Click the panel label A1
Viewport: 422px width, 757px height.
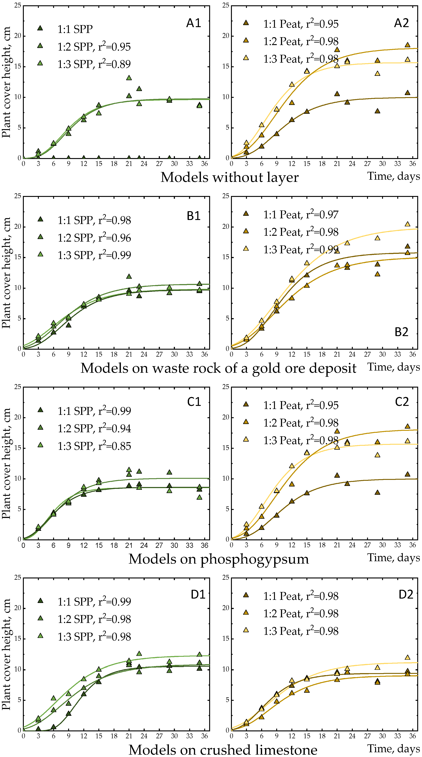[193, 23]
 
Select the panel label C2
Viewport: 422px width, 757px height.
[401, 402]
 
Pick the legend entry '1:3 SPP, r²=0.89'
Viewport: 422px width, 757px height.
[94, 64]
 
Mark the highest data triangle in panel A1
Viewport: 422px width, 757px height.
[129, 78]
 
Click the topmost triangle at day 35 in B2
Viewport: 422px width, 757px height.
[407, 224]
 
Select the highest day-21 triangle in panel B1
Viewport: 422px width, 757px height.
[129, 277]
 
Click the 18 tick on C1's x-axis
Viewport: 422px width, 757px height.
[114, 545]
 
